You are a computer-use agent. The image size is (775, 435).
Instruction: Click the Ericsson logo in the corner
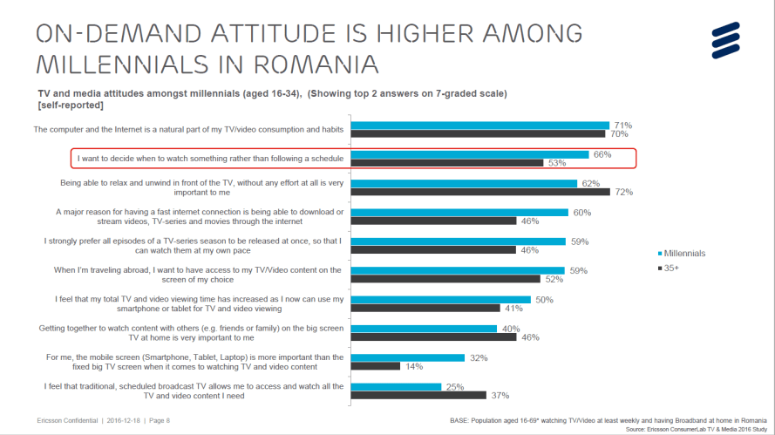point(731,40)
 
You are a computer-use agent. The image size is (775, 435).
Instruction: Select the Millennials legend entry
point(681,253)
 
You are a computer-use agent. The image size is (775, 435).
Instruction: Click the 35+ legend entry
point(669,269)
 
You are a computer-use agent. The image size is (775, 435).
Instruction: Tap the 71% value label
point(622,126)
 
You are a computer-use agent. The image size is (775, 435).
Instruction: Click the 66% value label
point(602,154)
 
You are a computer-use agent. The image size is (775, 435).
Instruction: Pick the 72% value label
point(623,192)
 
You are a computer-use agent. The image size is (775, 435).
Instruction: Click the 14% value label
point(413,366)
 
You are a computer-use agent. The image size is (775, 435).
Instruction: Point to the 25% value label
point(452,386)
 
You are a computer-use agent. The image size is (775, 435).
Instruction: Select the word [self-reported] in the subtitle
point(71,105)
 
